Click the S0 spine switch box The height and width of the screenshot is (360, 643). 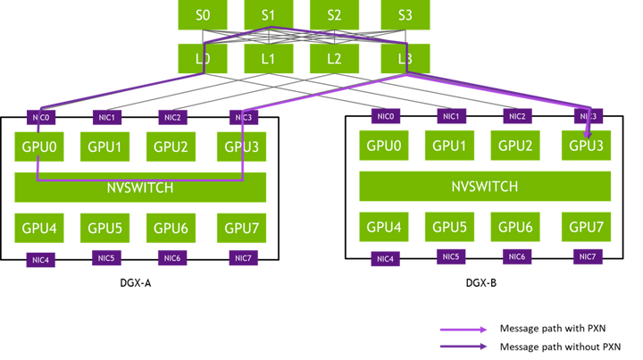point(203,15)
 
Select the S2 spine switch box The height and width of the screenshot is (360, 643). point(334,15)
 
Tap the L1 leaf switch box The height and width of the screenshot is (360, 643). point(269,59)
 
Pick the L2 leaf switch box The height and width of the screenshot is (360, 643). point(334,59)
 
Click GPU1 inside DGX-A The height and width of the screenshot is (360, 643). point(105,147)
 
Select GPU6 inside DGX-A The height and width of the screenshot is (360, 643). point(171,228)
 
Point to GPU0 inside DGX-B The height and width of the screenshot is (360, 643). point(384,145)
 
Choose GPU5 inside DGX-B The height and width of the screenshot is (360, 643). point(449,227)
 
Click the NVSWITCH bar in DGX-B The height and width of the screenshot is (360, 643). point(485,187)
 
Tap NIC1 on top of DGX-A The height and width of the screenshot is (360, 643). point(107,118)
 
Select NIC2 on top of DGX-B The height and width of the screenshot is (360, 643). point(517,116)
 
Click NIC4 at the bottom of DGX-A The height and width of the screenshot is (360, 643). point(40,260)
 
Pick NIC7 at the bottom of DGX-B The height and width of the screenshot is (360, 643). point(588,256)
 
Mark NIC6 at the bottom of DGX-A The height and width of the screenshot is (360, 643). point(172,258)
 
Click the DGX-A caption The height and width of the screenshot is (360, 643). point(136,283)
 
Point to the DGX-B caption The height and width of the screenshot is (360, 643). point(481,283)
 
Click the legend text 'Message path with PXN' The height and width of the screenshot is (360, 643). point(553,328)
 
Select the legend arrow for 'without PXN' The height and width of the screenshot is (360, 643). point(463,347)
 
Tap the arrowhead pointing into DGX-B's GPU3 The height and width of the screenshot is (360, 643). point(588,135)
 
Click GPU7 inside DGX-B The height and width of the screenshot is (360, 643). point(586,227)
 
